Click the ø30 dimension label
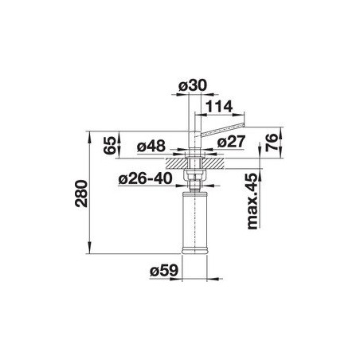coord(192,86)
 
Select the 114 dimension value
coord(219,107)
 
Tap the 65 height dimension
coord(110,145)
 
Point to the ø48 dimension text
coord(151,146)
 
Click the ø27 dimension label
coord(230,142)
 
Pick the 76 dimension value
coord(272,143)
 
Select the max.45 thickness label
coord(252,201)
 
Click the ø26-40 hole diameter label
coord(145,178)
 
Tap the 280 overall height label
coord(81,194)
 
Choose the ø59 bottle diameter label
coord(163,271)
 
